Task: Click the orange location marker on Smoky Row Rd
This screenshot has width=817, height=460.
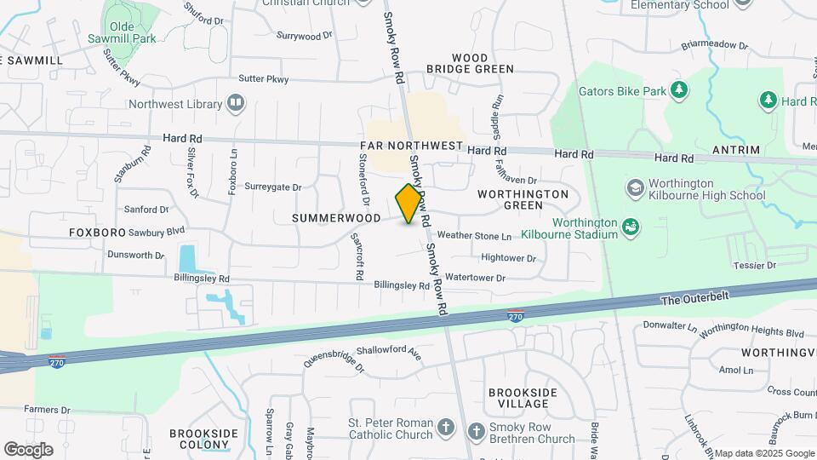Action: click(409, 204)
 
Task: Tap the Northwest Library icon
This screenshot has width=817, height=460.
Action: click(235, 104)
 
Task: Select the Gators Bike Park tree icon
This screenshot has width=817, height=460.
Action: click(678, 89)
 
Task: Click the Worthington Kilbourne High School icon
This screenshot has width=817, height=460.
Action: click(635, 187)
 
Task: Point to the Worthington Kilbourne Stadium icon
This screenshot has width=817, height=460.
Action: click(630, 227)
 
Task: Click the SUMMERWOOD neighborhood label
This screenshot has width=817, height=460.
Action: click(336, 218)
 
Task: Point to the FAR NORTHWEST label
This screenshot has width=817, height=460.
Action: click(413, 147)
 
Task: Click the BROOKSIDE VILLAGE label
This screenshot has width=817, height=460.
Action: click(523, 398)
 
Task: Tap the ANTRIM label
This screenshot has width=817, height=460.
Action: click(737, 150)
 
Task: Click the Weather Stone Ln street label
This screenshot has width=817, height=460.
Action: click(475, 236)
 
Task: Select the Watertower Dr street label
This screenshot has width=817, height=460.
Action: click(475, 278)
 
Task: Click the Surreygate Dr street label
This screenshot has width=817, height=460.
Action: click(273, 187)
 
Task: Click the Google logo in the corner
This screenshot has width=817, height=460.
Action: click(29, 449)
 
